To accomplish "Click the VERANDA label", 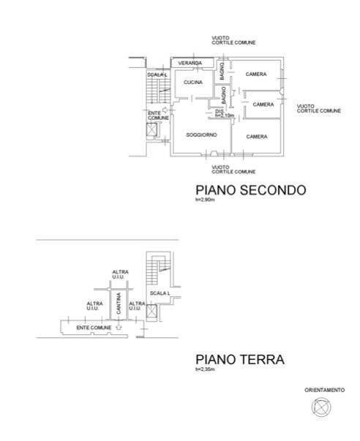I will point(189,63).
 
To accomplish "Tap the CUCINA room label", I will point(192,83).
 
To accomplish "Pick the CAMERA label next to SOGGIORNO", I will point(256,137).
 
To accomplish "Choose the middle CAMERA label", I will point(263,105).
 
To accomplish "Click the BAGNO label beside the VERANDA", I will point(222,71).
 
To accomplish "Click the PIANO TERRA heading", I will point(239,359).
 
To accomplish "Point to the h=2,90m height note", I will point(206,200).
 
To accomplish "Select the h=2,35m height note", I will point(206,369).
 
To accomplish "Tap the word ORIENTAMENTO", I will point(324,391).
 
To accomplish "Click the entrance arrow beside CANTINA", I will point(119,327).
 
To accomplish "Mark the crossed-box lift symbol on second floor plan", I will point(151,130).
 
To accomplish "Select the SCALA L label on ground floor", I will point(160,293).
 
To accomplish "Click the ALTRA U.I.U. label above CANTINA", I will point(120,275).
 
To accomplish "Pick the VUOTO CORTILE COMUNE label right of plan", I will point(318,108).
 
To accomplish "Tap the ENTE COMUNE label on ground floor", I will point(94,328).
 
